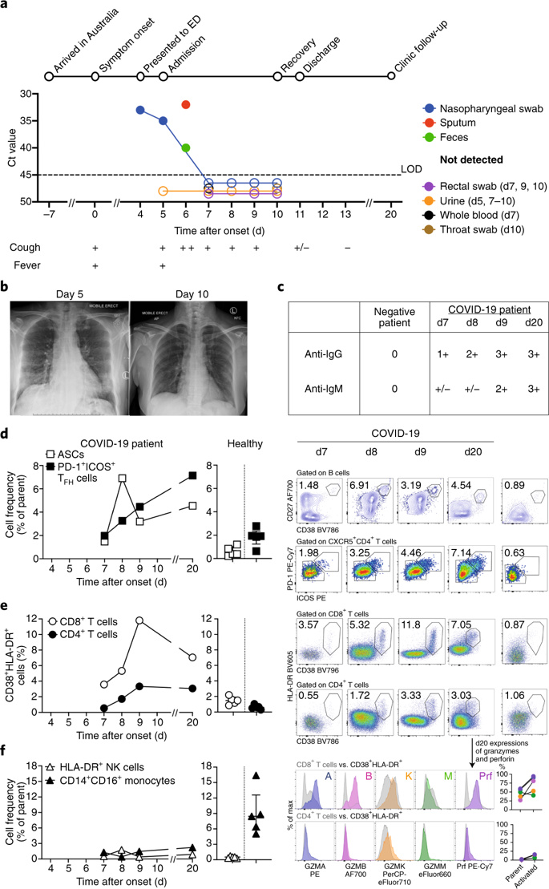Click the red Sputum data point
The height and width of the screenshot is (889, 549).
point(186,104)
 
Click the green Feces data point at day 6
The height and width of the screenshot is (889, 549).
point(186,147)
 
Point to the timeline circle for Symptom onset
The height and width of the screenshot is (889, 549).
point(95,76)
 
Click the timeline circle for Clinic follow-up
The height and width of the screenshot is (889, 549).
point(392,76)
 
